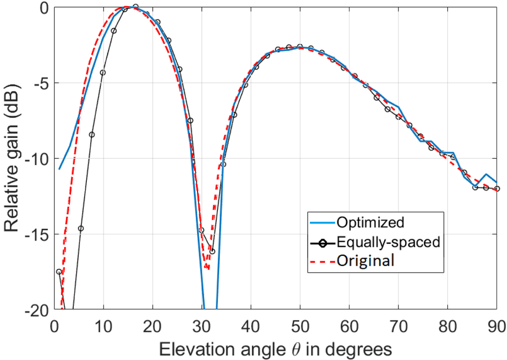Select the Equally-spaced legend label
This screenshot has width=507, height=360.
pos(387,242)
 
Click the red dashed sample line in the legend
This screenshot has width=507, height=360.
pos(321,260)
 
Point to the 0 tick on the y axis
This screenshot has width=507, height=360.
pos(43,7)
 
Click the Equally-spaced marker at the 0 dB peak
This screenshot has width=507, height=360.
pos(135,7)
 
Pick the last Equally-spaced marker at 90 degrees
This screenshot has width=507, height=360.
pos(496,189)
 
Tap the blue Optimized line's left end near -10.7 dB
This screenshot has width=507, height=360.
pos(59,169)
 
